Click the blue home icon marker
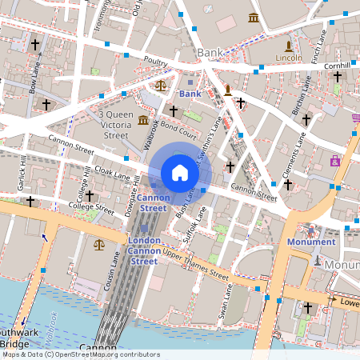(180, 172)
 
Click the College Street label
(94, 208)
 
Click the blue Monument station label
(312, 242)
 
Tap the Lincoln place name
(289, 58)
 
